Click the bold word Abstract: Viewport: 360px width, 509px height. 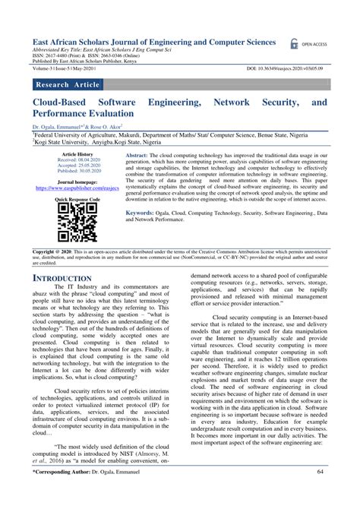click(x=139, y=153)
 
